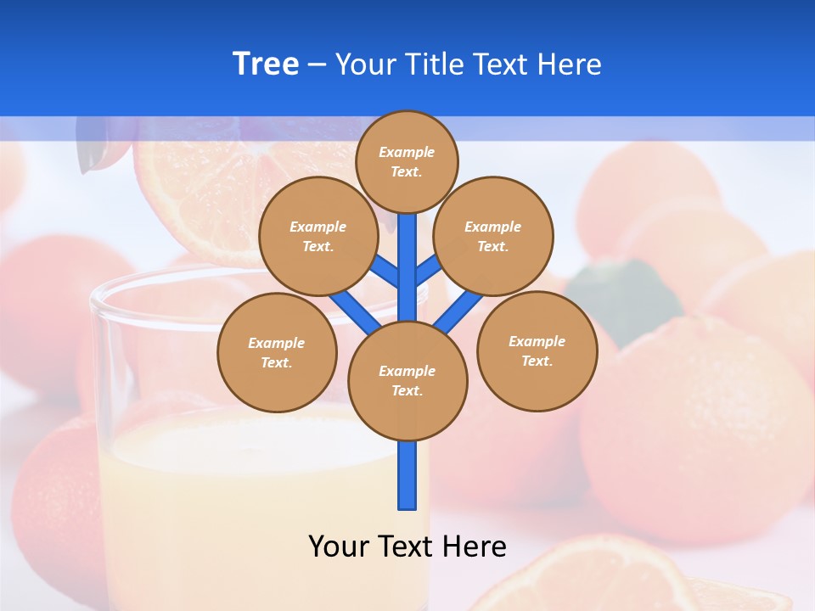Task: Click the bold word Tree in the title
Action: tap(266, 64)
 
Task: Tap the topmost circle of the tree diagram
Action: tap(407, 161)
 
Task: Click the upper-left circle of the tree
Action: tap(318, 236)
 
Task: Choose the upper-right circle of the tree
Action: tap(493, 236)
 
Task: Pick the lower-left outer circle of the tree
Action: tap(277, 352)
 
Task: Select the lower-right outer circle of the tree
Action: tap(537, 350)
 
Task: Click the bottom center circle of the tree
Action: tap(407, 380)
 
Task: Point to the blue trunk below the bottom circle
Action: tap(407, 475)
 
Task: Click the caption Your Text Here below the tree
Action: tap(407, 546)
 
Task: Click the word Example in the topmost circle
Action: tap(407, 152)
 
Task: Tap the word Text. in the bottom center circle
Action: tap(407, 390)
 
